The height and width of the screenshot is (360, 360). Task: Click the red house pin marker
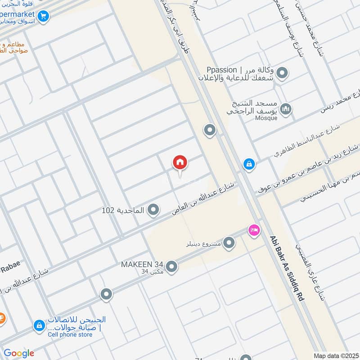pyautogui.click(x=180, y=162)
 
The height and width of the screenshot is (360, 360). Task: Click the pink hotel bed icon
pyautogui.click(x=254, y=230)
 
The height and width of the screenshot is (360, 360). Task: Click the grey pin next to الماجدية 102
pyautogui.click(x=153, y=210)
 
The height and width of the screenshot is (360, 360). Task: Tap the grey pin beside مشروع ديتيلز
pyautogui.click(x=229, y=243)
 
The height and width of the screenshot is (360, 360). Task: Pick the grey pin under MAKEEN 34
pyautogui.click(x=171, y=268)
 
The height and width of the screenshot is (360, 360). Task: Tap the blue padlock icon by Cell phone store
pyautogui.click(x=39, y=325)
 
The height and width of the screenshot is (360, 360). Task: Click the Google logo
pyautogui.click(x=19, y=353)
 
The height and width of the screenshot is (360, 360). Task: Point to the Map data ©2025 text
pyautogui.click(x=335, y=355)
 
